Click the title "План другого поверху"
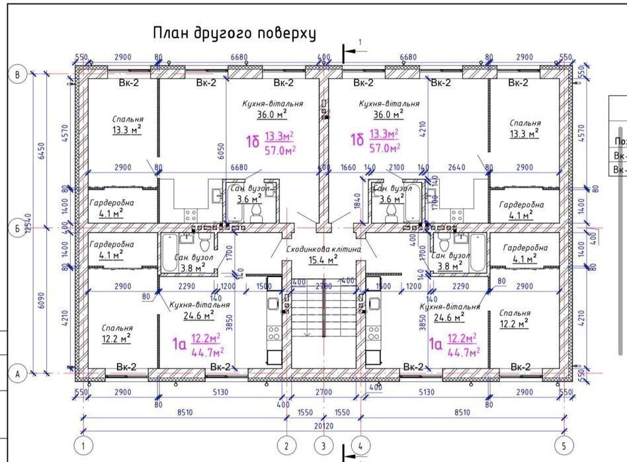(x=235, y=33)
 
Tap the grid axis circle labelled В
(x=18, y=74)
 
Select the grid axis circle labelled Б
(x=18, y=229)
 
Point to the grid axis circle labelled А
(x=18, y=374)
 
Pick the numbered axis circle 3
(x=323, y=445)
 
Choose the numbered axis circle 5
(x=564, y=445)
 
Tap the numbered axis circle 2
(x=286, y=445)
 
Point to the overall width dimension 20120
(x=323, y=426)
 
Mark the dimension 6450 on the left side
(x=42, y=151)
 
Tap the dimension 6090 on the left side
(x=42, y=301)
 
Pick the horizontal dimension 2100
(x=396, y=169)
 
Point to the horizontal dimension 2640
(x=457, y=169)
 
